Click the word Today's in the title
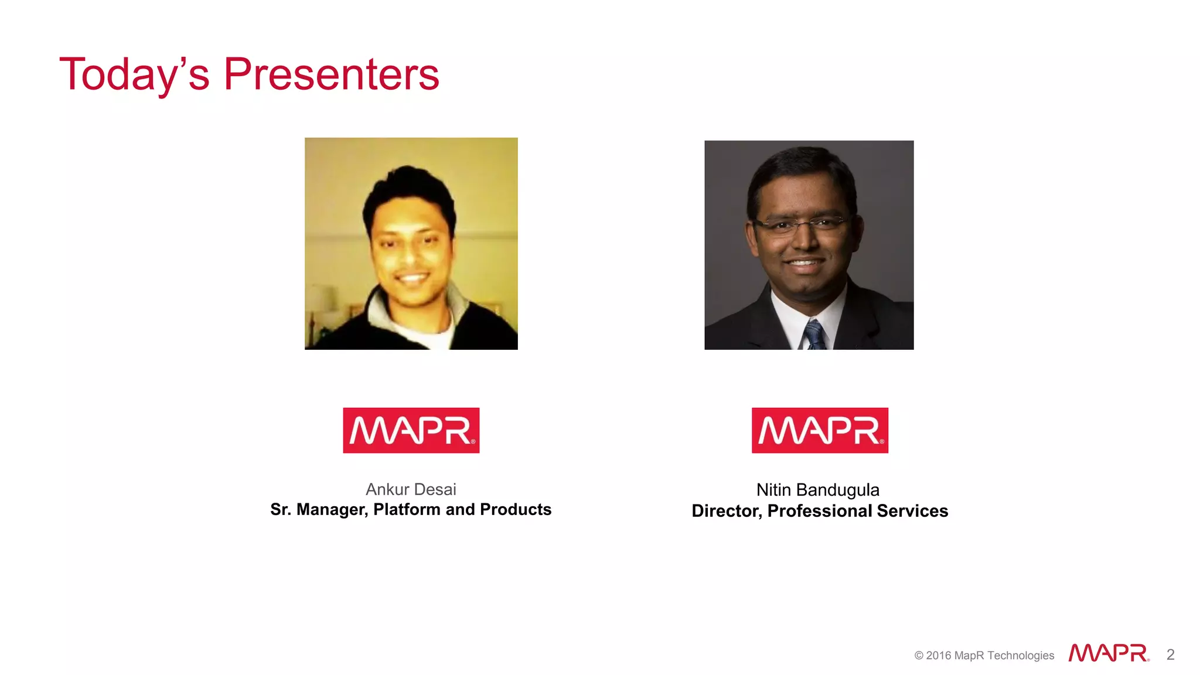tap(134, 74)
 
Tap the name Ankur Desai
tap(411, 489)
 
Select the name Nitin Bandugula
tap(817, 490)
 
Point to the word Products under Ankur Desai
tap(516, 509)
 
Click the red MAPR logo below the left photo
tap(411, 430)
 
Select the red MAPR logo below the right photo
tap(820, 430)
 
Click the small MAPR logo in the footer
tap(1108, 653)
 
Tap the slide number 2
tap(1170, 654)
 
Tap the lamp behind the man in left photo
tap(321, 299)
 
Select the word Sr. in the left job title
tap(280, 509)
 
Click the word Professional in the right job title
tap(820, 511)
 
